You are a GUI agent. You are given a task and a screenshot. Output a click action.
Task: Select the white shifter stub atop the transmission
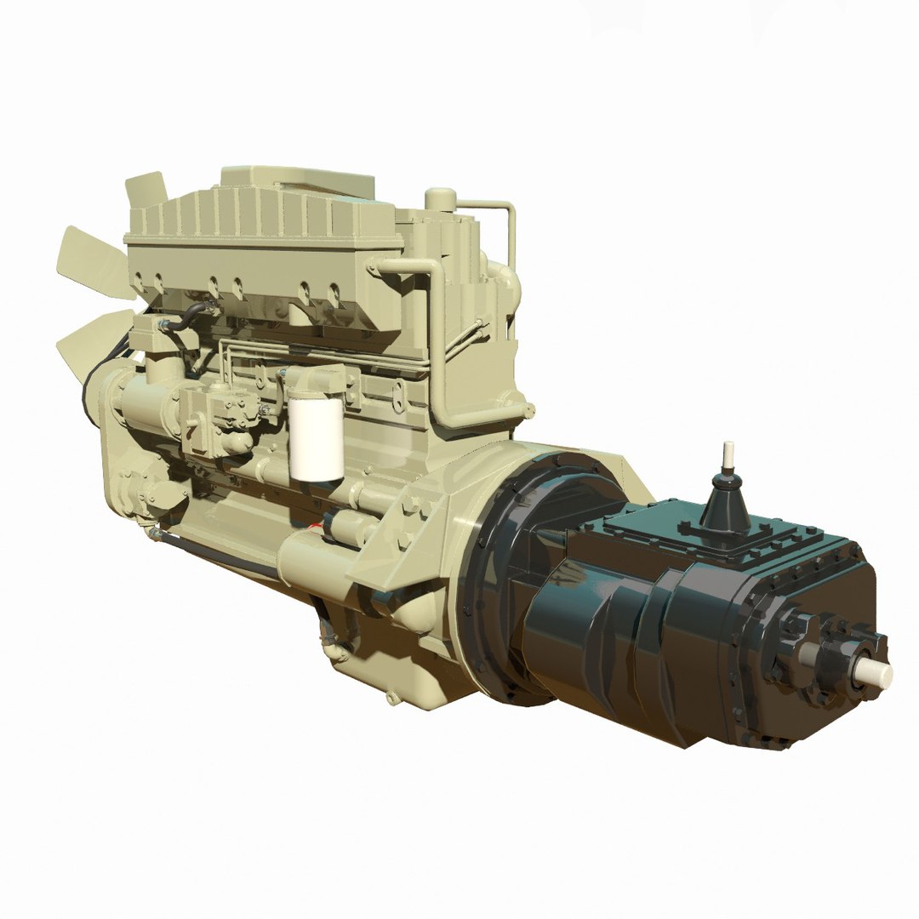[x=728, y=454]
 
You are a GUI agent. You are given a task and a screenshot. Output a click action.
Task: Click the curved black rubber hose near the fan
[x=186, y=317]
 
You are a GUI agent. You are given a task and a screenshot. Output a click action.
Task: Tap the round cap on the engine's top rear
[x=440, y=199]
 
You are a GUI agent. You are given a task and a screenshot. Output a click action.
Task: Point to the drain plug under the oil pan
[x=391, y=698]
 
